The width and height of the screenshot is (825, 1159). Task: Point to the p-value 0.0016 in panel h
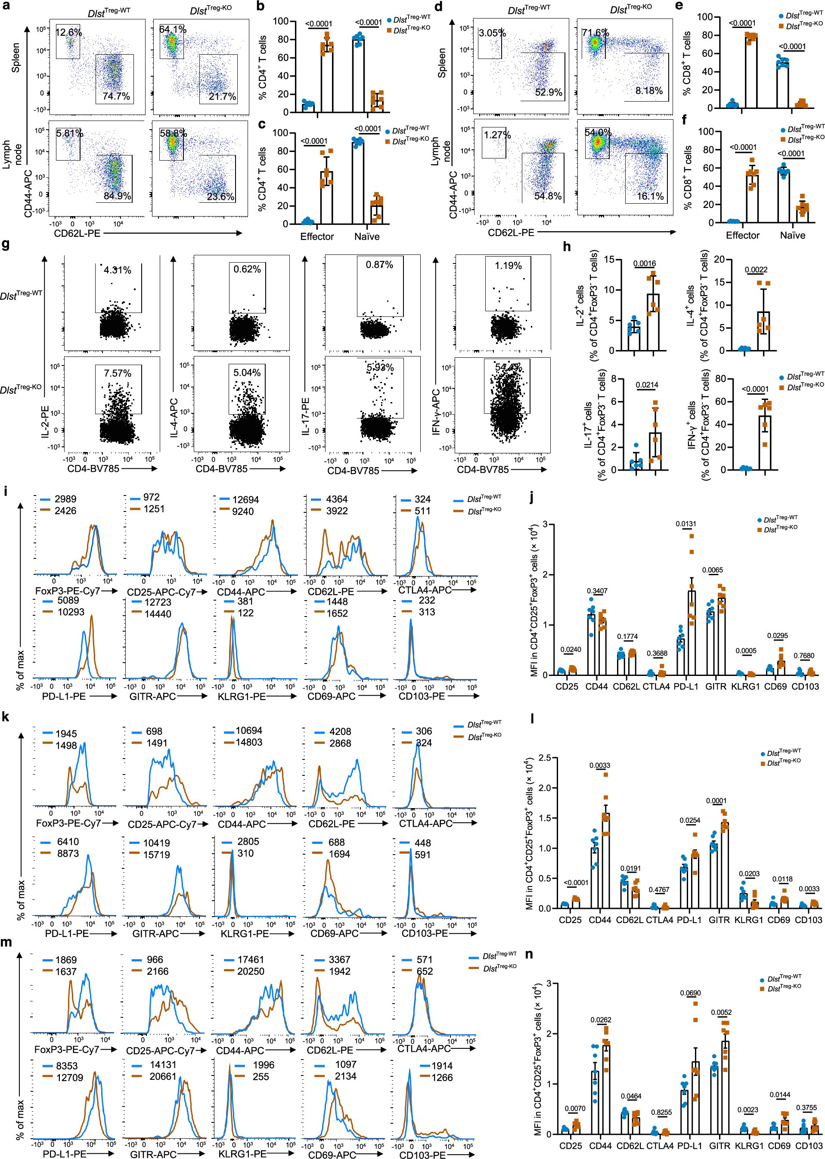645,263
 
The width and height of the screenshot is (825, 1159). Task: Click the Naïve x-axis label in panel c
367,237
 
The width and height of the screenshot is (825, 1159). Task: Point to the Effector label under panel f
743,235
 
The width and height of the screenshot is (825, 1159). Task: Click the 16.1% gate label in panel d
650,196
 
